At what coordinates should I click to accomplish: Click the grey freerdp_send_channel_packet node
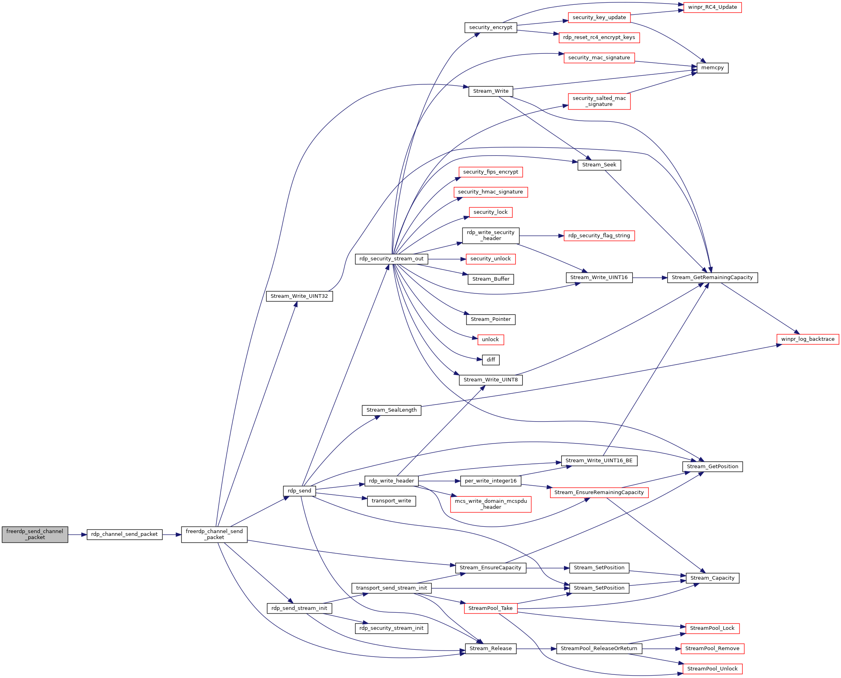tap(35, 534)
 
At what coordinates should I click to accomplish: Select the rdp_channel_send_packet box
tap(125, 534)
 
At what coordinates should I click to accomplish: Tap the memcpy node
tap(712, 68)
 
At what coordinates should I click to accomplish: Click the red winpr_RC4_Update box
tap(712, 8)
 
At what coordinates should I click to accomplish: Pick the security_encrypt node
tap(491, 28)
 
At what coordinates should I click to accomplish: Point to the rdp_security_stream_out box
tap(392, 259)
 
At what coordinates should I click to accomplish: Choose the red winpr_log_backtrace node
tap(808, 340)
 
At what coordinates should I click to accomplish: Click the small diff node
tap(491, 360)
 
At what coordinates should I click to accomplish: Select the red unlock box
tap(491, 340)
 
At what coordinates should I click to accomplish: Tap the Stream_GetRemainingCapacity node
tap(712, 278)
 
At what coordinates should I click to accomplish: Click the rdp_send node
tap(299, 491)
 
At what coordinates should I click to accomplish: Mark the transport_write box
tap(392, 501)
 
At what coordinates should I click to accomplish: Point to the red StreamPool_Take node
tap(491, 608)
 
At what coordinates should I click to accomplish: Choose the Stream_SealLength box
tap(392, 410)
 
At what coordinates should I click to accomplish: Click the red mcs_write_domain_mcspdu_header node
tap(491, 504)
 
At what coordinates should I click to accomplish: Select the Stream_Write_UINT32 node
tap(299, 297)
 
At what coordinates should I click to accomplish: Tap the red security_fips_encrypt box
tap(491, 172)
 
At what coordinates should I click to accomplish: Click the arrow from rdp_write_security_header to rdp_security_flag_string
tap(542, 236)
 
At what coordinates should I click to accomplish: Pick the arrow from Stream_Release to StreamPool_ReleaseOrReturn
tap(537, 649)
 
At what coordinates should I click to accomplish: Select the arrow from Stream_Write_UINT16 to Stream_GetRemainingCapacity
tap(650, 278)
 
